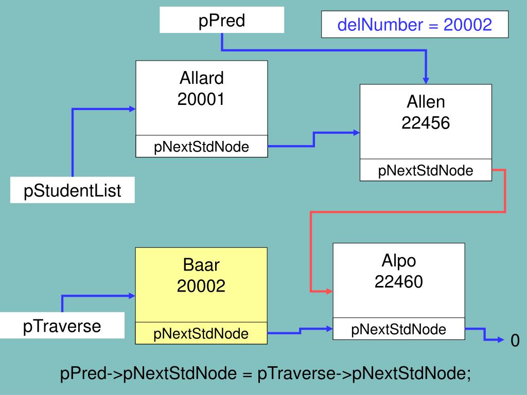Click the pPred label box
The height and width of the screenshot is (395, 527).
222,21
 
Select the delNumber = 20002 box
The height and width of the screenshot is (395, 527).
415,24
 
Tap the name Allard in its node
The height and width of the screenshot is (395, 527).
202,78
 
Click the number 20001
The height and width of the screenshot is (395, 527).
202,99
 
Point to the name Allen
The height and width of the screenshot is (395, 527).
426,102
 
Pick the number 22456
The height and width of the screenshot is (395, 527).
426,122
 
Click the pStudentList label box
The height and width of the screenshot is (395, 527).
73,190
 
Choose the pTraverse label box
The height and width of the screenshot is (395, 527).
62,326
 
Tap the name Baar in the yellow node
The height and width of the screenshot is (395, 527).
201,265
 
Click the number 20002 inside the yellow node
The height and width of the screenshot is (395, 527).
201,286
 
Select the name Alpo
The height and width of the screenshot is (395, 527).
399,261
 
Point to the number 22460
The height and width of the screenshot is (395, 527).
399,281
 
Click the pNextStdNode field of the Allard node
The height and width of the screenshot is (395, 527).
202,147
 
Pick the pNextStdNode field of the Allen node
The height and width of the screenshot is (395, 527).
426,170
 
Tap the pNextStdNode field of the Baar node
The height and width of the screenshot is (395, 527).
201,334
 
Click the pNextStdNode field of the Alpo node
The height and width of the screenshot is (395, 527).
399,329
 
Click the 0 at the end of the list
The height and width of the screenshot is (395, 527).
515,340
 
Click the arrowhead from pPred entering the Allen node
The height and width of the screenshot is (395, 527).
426,80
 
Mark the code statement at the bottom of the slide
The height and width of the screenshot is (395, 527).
266,374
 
